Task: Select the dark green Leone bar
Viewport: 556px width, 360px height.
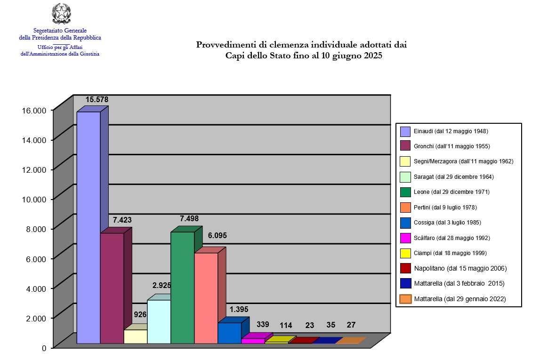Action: [183, 287]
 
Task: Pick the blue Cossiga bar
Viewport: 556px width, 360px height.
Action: [230, 333]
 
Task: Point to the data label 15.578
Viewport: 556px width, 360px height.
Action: [97, 100]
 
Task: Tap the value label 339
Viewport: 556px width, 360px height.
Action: [263, 324]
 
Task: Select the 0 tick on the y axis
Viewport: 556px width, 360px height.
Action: [44, 348]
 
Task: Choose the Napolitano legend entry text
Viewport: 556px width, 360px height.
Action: [460, 268]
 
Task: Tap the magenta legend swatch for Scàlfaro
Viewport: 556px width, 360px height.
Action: [405, 238]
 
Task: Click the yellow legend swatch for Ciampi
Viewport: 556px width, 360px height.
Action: [405, 253]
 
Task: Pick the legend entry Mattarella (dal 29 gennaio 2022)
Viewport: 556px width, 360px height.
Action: [460, 299]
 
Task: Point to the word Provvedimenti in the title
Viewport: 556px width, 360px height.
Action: [223, 45]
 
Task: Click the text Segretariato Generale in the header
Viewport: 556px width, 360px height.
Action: [60, 31]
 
